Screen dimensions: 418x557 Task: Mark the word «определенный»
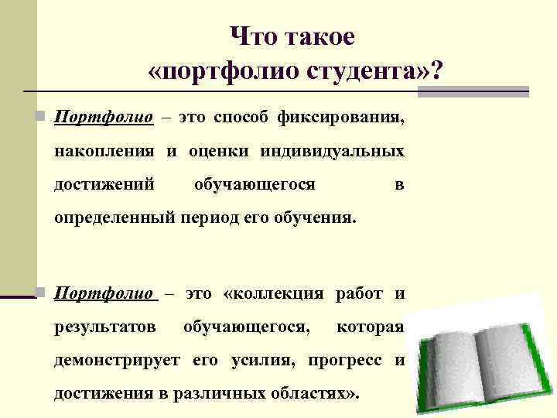point(114,218)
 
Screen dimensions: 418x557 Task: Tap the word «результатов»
point(104,327)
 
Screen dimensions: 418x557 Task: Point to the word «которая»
point(371,327)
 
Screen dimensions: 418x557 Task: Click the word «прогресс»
point(347,361)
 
